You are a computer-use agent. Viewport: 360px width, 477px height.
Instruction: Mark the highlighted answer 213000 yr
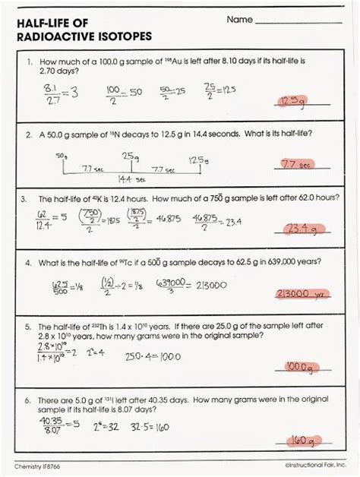click(302, 293)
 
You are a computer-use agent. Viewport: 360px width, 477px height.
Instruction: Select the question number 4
click(27, 262)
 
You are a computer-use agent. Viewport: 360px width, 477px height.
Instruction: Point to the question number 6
click(27, 398)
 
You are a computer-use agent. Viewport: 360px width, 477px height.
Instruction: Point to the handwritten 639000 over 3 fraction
click(169, 286)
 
